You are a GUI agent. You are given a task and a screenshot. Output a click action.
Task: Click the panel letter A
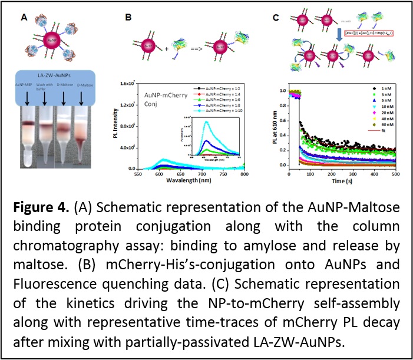[x=24, y=18]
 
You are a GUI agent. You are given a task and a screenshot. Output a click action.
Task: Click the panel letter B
[x=128, y=18]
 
